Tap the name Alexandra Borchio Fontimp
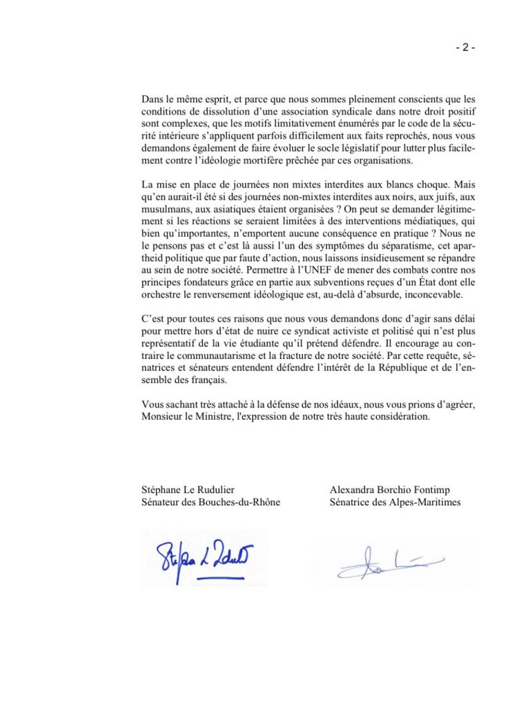pos(392,490)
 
